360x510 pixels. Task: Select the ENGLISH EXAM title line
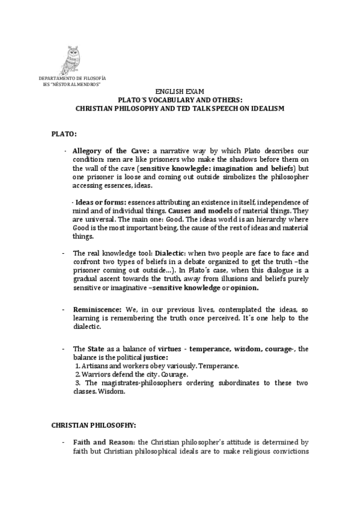pyautogui.click(x=180, y=91)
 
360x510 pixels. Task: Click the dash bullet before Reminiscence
pyautogui.click(x=63, y=308)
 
